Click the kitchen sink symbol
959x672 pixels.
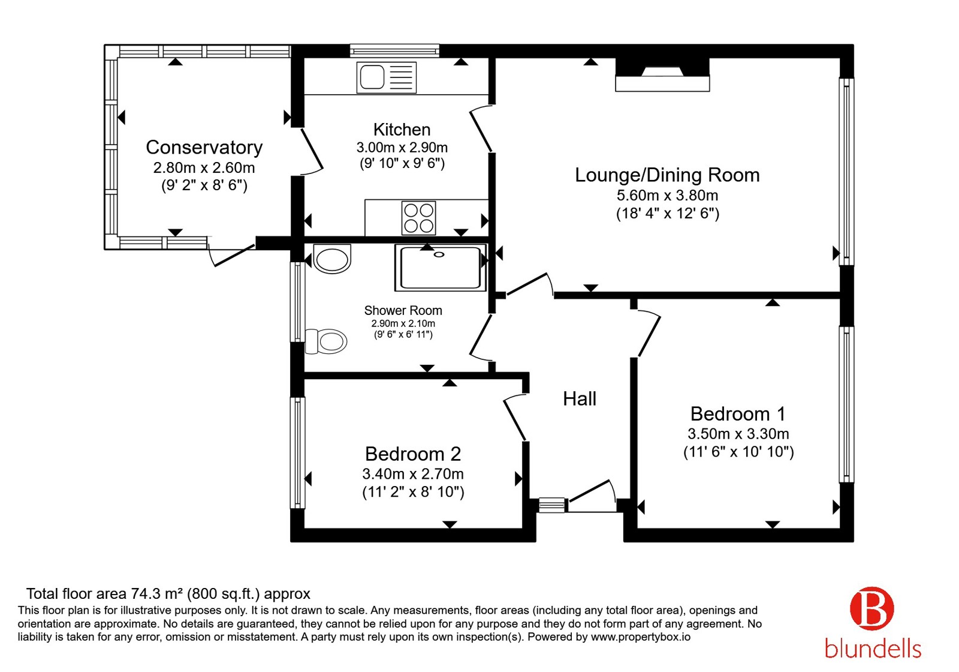(386, 77)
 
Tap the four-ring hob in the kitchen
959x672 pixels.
(418, 218)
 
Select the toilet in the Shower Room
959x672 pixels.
(326, 341)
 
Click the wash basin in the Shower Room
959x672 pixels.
(332, 259)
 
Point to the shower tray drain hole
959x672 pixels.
(439, 254)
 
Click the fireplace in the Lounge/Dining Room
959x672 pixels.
(662, 75)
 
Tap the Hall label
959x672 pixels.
(579, 399)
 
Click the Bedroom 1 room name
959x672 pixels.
(738, 414)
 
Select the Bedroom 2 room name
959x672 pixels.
(413, 454)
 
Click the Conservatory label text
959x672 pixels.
(204, 148)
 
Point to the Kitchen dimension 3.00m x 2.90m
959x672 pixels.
(402, 148)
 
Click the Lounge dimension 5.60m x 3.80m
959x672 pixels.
(667, 196)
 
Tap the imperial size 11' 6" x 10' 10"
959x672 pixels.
(738, 452)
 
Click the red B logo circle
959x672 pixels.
(872, 608)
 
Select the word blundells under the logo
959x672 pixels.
(873, 649)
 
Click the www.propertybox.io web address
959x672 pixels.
(641, 637)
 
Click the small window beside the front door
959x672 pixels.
(551, 505)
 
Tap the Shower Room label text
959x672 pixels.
(403, 310)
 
